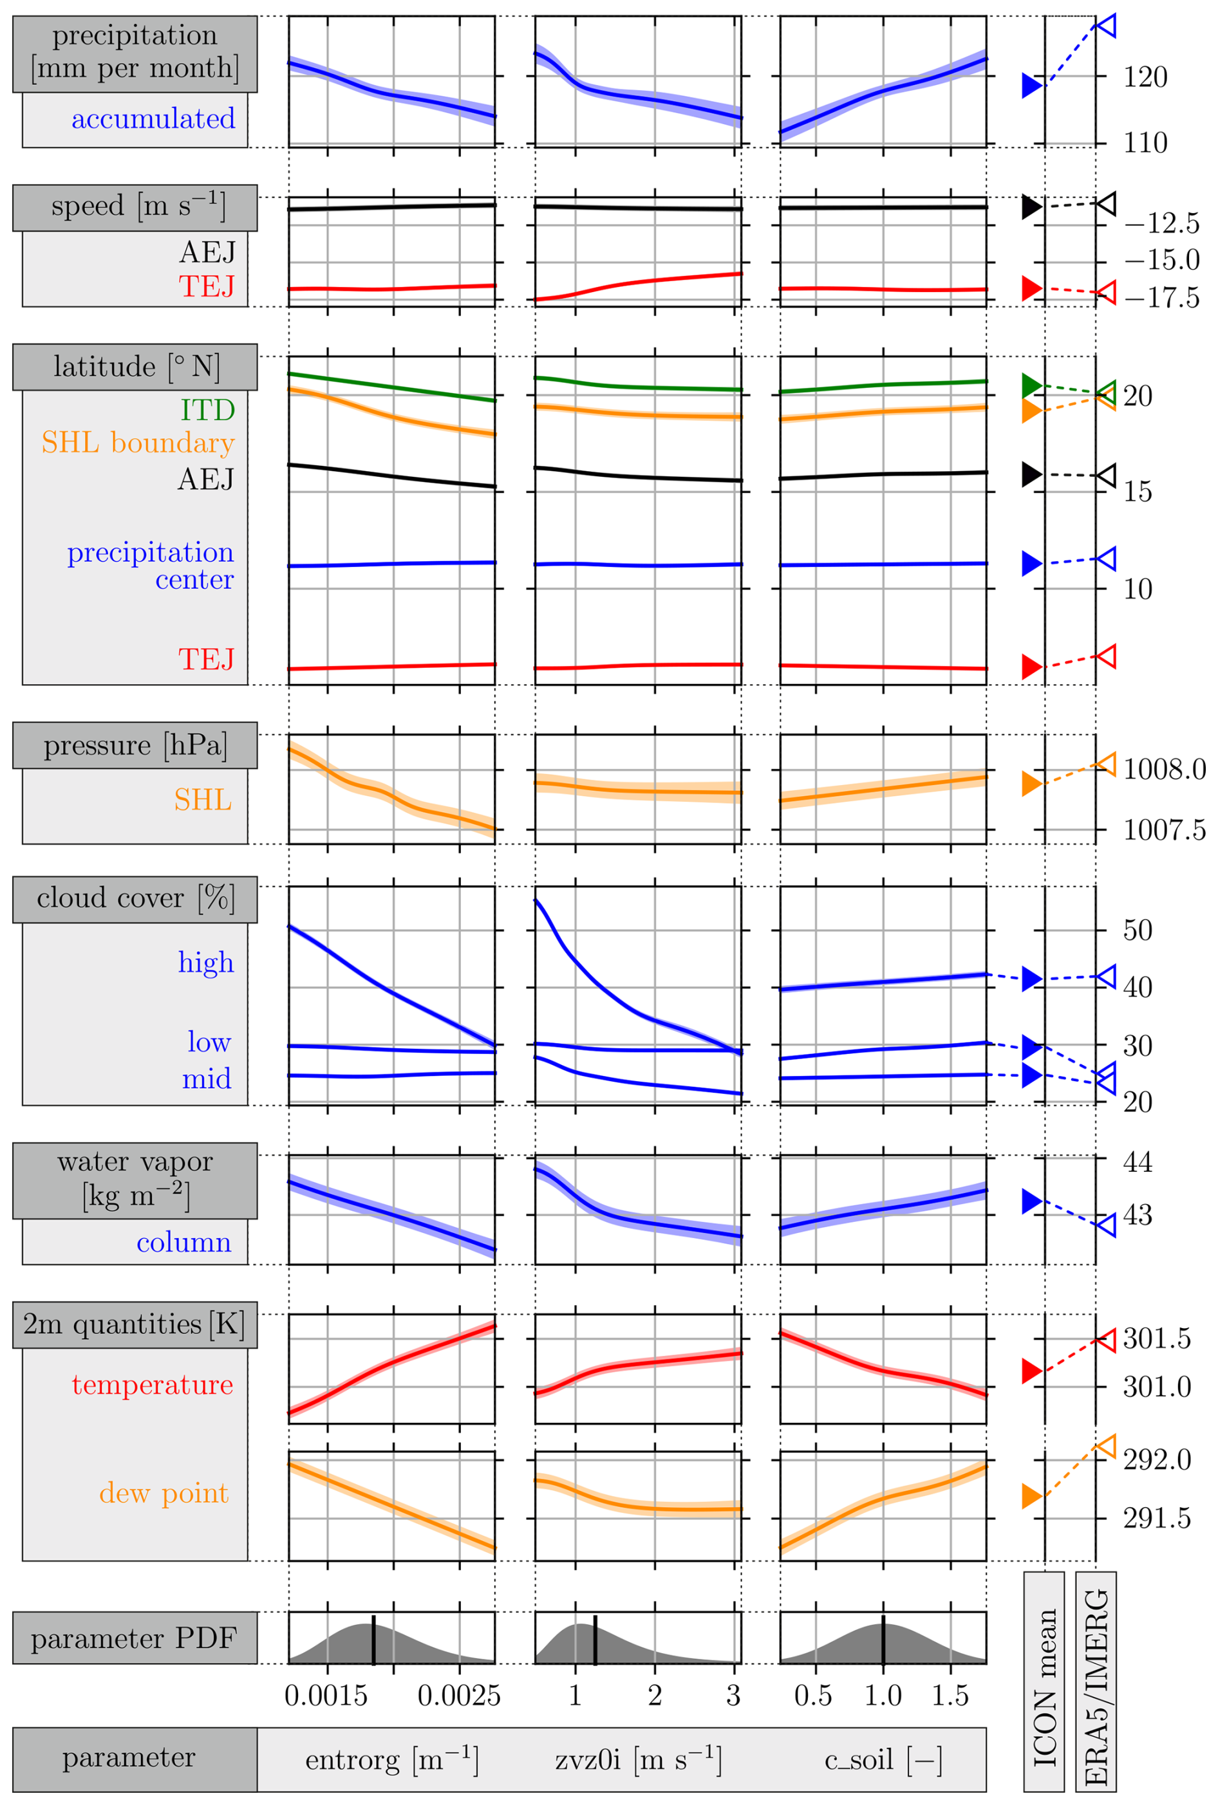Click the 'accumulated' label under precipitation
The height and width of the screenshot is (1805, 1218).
pos(153,119)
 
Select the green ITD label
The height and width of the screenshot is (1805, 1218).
pos(207,410)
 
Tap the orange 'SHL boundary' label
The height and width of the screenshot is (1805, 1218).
pos(138,443)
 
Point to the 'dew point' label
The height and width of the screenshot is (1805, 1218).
pos(164,1493)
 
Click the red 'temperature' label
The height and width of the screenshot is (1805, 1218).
pos(152,1385)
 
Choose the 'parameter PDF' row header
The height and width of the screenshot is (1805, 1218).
pos(134,1639)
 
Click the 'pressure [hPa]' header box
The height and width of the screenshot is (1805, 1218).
pos(135,745)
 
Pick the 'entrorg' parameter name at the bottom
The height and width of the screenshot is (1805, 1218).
pos(391,1759)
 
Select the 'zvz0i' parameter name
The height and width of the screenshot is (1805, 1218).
pos(638,1759)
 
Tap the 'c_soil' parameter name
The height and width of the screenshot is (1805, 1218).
pos(883,1759)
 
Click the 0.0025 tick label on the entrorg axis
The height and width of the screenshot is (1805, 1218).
pos(459,1696)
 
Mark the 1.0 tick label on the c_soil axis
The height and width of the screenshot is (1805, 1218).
pos(883,1696)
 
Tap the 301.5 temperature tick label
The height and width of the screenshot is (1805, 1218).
pos(1157,1339)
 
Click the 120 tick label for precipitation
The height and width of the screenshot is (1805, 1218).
pos(1145,78)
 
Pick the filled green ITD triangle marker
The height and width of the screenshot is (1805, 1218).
pos(1031,385)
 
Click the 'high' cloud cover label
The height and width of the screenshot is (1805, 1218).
pos(206,962)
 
